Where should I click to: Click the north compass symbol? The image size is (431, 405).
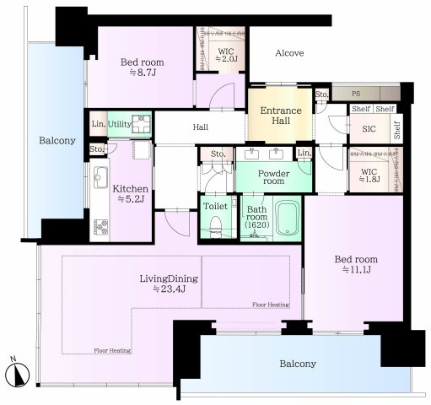point(18,374)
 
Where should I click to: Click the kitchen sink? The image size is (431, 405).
point(100,177)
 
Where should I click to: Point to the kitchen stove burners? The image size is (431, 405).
point(100,227)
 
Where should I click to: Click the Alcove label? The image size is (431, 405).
point(289,53)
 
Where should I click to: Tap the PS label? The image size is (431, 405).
point(356,94)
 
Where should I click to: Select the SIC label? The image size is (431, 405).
point(369,129)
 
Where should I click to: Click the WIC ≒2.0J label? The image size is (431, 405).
point(226,55)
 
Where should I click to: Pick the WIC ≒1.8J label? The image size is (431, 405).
point(369,175)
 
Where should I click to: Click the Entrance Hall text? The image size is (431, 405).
point(281,116)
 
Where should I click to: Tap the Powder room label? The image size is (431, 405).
point(273,177)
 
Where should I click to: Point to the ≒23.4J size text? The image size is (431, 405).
point(169,289)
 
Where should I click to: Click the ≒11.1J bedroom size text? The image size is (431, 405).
point(356,269)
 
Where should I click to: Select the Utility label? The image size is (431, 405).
point(120,124)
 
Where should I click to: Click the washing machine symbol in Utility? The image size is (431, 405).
point(142,124)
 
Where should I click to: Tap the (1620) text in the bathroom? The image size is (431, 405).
point(257,224)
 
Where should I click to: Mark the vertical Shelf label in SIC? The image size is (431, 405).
point(396,130)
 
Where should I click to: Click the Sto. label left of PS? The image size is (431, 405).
point(321,94)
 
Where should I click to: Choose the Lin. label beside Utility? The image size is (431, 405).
point(99,124)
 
